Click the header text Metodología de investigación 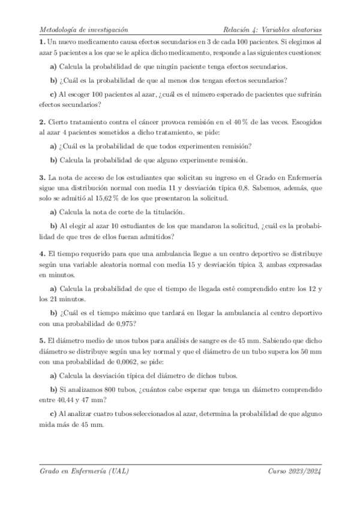pyautogui.click(x=83, y=28)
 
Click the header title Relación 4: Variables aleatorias pyautogui.click(x=272, y=28)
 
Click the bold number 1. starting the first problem pyautogui.click(x=41, y=43)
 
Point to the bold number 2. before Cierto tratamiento pyautogui.click(x=41, y=121)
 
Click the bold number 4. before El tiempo pyautogui.click(x=41, y=254)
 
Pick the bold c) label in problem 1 pyautogui.click(x=53, y=93)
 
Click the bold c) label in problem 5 pyautogui.click(x=53, y=414)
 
